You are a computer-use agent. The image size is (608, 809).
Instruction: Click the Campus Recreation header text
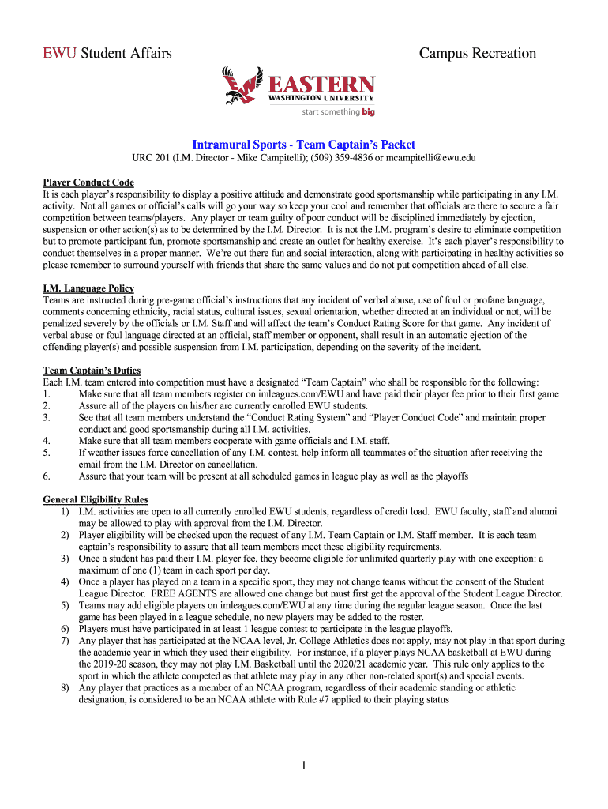click(x=477, y=54)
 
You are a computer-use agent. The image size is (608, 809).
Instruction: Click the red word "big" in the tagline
click(x=368, y=112)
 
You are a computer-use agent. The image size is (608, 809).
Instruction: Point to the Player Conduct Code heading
click(x=88, y=182)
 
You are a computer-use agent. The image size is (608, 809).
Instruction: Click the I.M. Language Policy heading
click(x=88, y=288)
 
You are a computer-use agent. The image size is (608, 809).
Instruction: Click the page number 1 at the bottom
click(x=303, y=765)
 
